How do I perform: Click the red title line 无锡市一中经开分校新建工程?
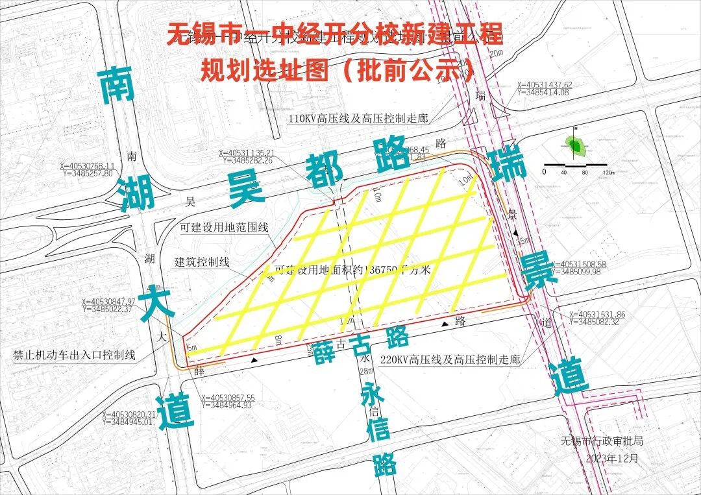click(334, 34)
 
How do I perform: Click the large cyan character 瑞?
click(508, 165)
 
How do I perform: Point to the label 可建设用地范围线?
click(224, 228)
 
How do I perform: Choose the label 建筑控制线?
click(202, 262)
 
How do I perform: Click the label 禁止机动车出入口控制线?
click(74, 355)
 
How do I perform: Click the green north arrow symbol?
click(576, 145)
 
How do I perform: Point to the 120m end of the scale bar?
click(608, 172)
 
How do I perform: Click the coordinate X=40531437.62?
click(544, 85)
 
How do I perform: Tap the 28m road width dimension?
click(367, 371)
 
